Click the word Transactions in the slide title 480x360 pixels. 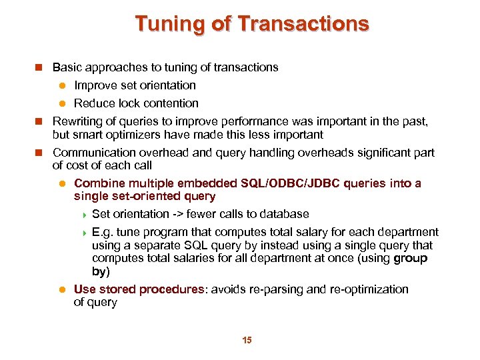[303, 24]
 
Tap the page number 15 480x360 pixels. [247, 341]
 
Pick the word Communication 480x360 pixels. [91, 153]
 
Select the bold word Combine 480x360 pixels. [97, 183]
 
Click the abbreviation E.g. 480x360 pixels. [103, 232]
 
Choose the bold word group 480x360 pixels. [411, 258]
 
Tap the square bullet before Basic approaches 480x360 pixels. [39, 67]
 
